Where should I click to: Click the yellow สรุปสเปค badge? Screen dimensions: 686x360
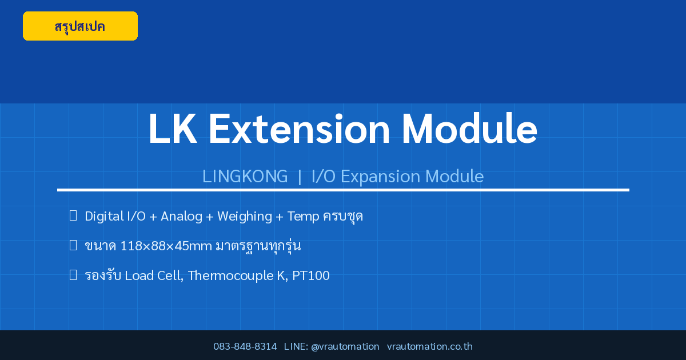(80, 26)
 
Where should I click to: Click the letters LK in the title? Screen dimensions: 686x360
(173, 129)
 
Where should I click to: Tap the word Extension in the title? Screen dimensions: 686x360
(299, 129)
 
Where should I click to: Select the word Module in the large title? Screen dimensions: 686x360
(469, 129)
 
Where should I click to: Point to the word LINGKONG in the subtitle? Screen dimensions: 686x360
(245, 177)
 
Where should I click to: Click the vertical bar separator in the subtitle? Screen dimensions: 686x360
(300, 177)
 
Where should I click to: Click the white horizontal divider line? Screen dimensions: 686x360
(343, 190)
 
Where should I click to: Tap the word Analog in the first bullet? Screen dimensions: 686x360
(182, 217)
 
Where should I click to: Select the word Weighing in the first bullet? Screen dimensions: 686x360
(245, 217)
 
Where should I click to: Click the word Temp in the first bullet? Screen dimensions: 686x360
(303, 217)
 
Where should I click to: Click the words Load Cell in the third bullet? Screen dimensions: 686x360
(154, 275)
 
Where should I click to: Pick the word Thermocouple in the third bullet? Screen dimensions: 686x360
(230, 276)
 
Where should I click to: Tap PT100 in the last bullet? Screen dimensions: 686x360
(311, 275)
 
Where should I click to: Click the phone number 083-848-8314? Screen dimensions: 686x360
(245, 346)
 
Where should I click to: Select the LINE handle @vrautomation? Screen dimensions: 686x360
(345, 346)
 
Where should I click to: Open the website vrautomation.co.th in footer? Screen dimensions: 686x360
(430, 346)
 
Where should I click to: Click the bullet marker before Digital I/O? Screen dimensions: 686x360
(73, 215)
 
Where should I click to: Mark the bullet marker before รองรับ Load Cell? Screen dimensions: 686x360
(73, 275)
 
